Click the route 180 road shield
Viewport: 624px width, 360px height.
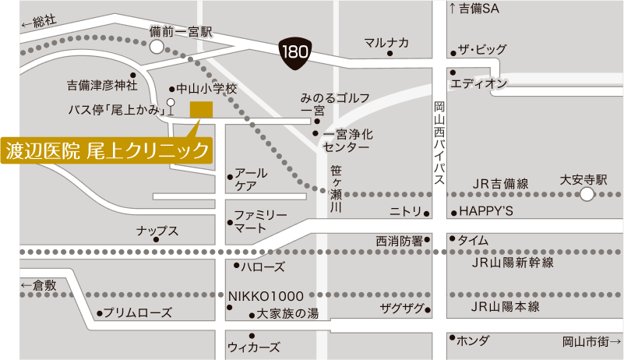(295, 54)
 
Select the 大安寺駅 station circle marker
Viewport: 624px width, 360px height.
(587, 194)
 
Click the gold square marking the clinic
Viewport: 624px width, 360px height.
(201, 110)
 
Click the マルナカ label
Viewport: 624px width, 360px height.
(386, 43)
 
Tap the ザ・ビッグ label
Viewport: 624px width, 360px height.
(481, 51)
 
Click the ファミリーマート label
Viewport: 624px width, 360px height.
(261, 221)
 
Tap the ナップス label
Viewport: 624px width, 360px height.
(157, 231)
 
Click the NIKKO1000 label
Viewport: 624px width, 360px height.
(266, 296)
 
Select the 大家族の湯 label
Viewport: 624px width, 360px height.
(287, 314)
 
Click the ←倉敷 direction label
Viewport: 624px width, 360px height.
(39, 286)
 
